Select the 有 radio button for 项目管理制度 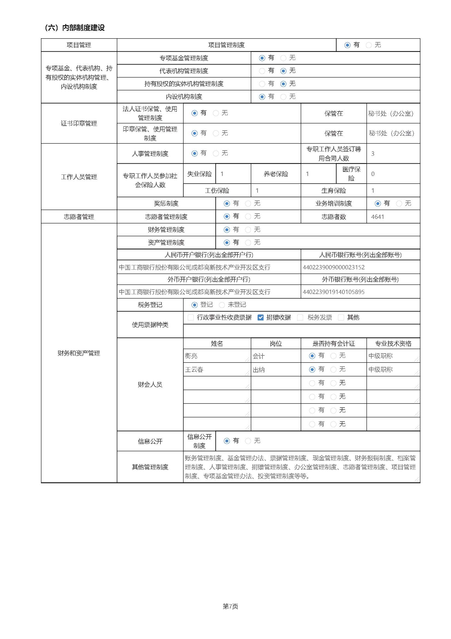[x=347, y=45]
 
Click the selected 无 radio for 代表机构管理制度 [x=283, y=71]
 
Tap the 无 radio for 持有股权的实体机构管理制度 [x=283, y=84]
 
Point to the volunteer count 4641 [x=377, y=217]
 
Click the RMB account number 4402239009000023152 [x=333, y=267]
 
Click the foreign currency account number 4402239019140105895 [x=333, y=292]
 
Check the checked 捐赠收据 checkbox [x=260, y=317]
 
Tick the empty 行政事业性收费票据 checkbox [x=191, y=317]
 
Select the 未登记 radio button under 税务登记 [x=222, y=305]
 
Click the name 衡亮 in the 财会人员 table [x=191, y=356]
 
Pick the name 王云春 [x=194, y=370]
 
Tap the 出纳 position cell [x=259, y=370]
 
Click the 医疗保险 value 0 [x=373, y=174]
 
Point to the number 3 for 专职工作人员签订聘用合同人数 [x=373, y=154]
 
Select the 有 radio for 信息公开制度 [x=227, y=441]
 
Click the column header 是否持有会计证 [x=333, y=344]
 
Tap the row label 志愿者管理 [x=79, y=217]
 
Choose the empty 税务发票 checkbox [x=300, y=317]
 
